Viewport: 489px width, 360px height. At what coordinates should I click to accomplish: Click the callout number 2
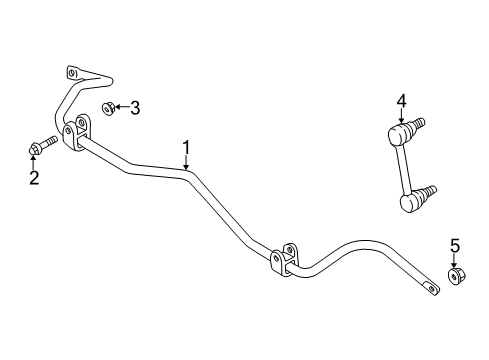[x=34, y=178]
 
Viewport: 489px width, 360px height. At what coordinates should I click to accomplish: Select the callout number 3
[x=137, y=108]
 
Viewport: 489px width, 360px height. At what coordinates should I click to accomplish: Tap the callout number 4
[x=401, y=100]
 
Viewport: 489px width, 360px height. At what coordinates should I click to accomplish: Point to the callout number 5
[x=454, y=247]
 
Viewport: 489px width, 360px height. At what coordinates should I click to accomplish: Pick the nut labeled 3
[x=109, y=108]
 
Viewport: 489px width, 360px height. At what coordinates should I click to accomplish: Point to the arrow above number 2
[x=35, y=163]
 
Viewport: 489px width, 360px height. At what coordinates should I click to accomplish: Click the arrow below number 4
[x=401, y=115]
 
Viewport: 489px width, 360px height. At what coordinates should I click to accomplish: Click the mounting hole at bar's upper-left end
[x=71, y=73]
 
